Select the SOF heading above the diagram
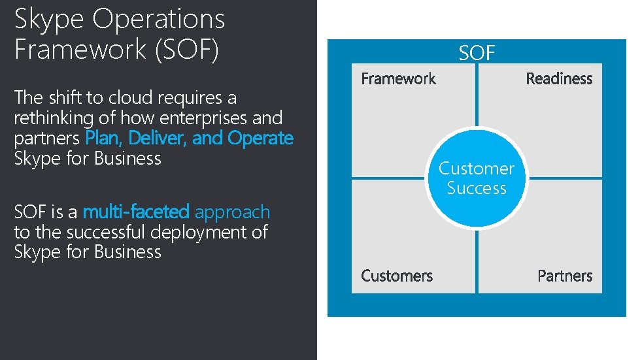[477, 53]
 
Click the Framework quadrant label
[398, 79]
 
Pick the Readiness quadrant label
[559, 79]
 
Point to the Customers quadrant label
[397, 276]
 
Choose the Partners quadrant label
[565, 276]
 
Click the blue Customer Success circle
[477, 178]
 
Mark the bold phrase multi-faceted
[136, 212]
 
